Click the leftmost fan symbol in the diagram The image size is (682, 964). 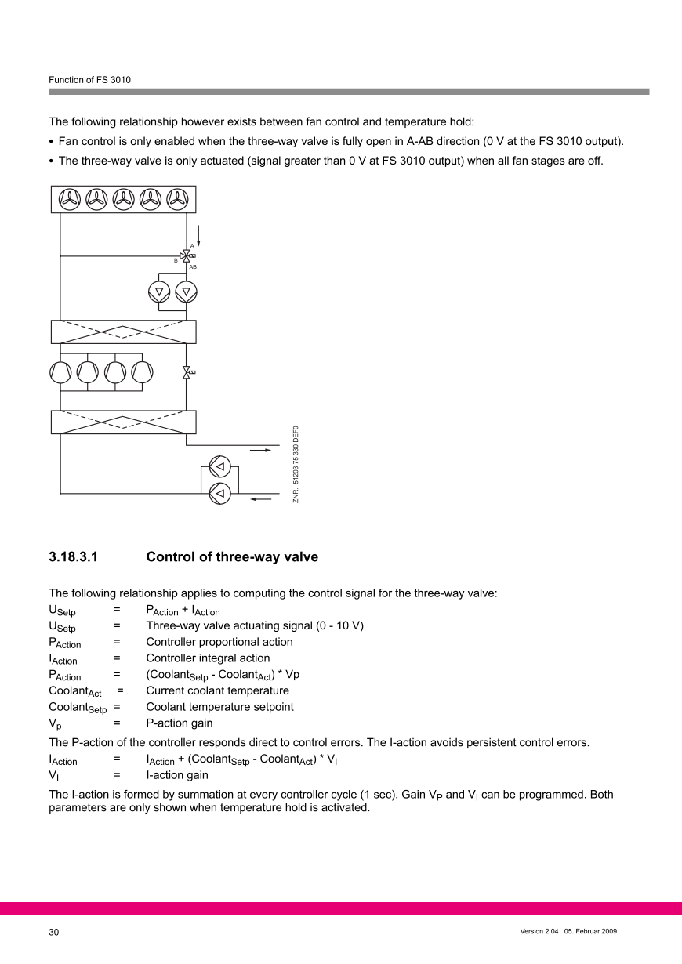(68, 199)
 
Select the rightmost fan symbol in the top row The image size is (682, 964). (178, 199)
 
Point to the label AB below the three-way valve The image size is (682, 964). (193, 267)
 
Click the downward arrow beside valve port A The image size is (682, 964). (199, 234)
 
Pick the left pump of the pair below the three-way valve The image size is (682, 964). (159, 292)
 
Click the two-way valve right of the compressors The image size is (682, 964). (187, 372)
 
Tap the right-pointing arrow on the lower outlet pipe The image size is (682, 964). (261, 451)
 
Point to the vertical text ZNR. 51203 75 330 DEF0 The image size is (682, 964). (296, 463)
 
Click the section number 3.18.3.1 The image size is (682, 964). (78, 557)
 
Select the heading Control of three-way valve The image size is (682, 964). (232, 557)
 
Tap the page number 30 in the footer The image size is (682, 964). (54, 932)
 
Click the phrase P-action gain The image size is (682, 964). (179, 723)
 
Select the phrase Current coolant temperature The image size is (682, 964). (217, 690)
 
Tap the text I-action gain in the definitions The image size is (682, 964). (177, 775)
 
